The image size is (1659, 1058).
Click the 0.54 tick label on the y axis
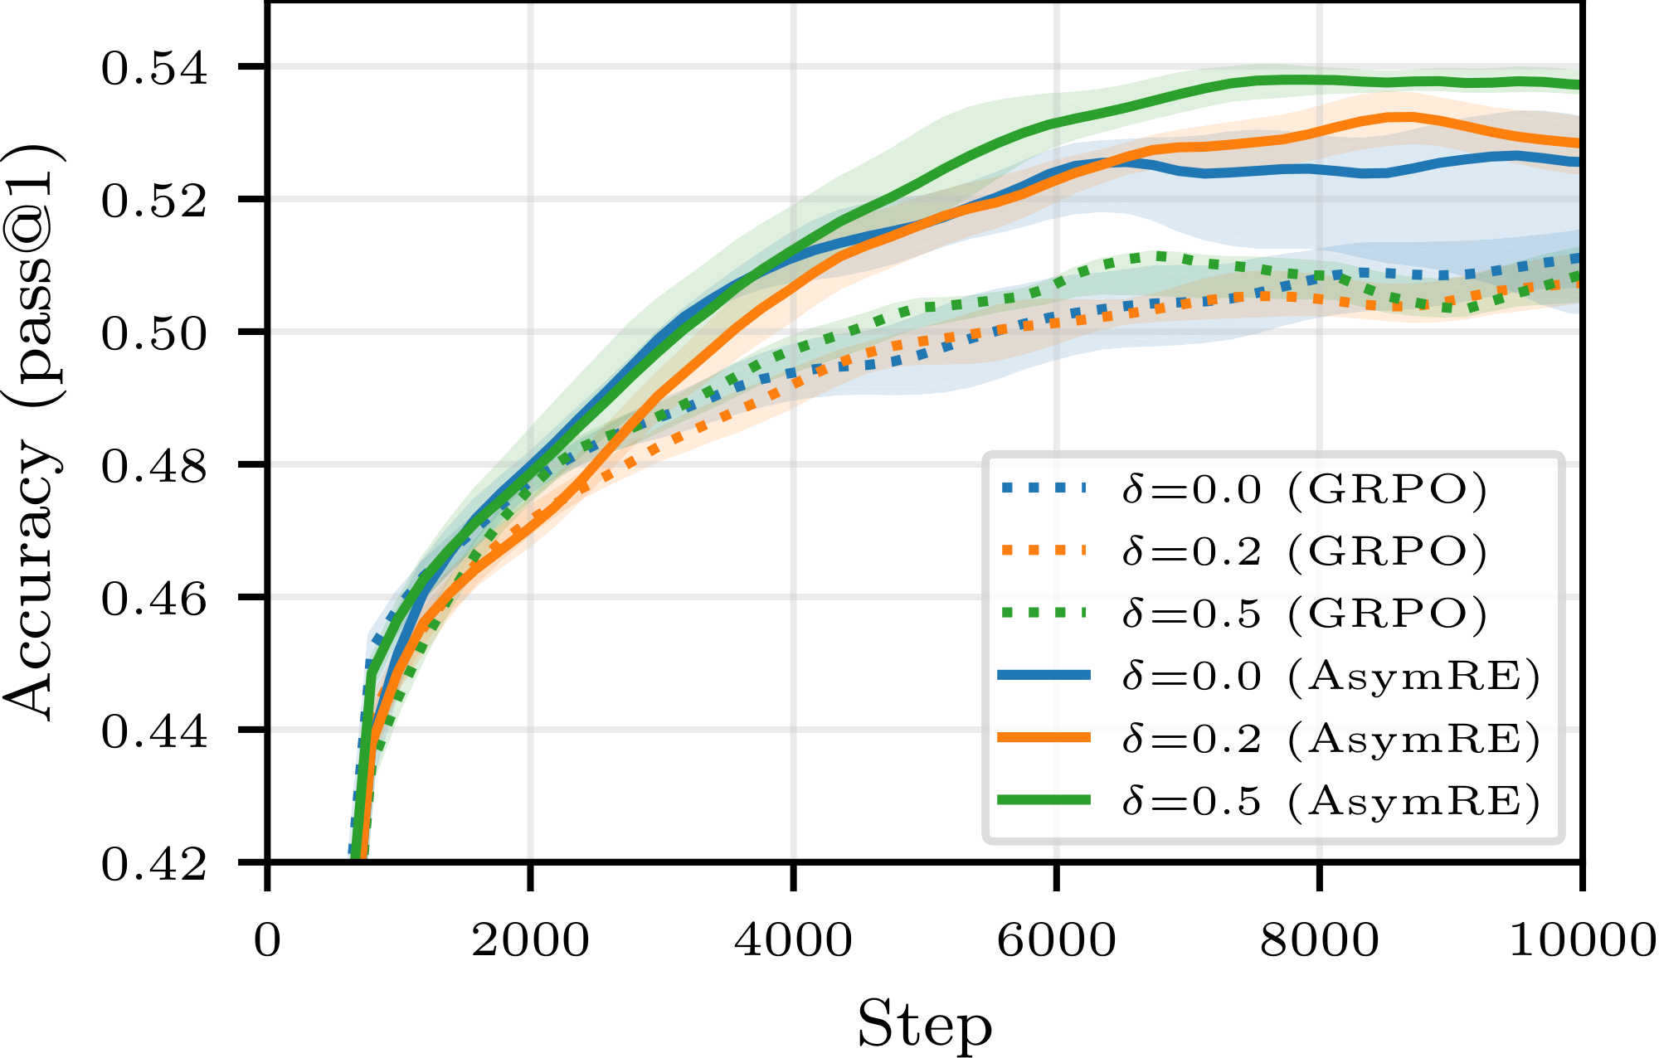point(154,68)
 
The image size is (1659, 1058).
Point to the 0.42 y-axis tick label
point(154,865)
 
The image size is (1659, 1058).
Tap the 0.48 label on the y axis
point(154,466)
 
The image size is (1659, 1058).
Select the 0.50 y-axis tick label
point(154,333)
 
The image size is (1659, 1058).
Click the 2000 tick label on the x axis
point(530,940)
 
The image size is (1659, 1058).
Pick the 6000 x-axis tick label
point(1056,940)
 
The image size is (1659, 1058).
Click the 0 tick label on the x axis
point(267,940)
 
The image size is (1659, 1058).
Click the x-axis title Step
point(924,1025)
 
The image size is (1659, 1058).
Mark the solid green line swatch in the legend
point(1044,799)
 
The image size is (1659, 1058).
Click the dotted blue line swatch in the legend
point(1044,488)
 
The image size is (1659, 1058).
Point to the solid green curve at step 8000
point(1319,80)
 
